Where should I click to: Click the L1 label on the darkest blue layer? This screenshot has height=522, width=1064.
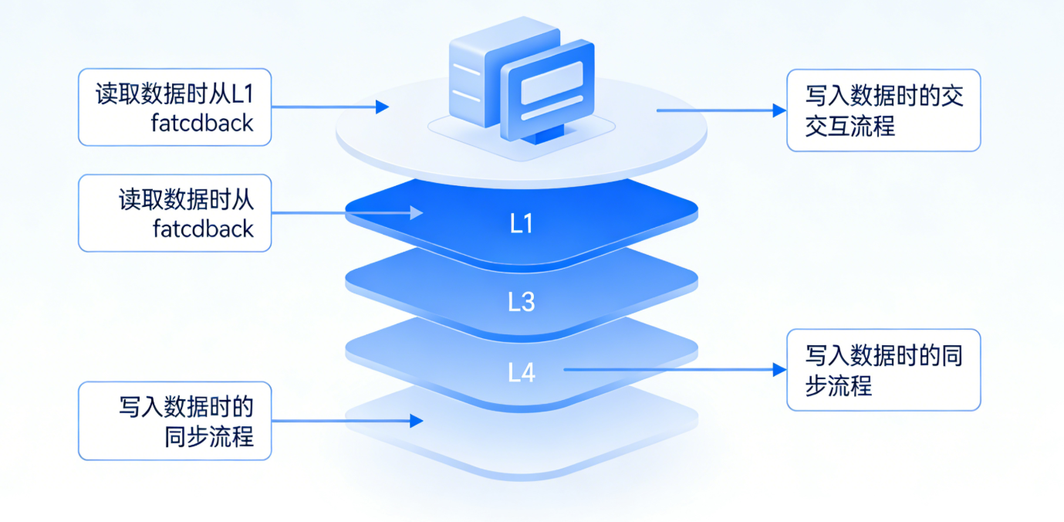tap(522, 224)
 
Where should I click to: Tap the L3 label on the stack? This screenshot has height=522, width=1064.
tap(522, 302)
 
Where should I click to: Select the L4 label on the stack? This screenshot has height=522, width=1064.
tap(522, 373)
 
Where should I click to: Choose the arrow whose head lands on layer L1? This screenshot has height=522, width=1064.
tap(347, 212)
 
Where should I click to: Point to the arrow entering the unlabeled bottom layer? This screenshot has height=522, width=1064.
tap(347, 421)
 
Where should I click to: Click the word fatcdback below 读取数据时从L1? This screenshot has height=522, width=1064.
tap(203, 123)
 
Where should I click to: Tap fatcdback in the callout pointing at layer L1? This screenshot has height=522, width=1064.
tap(203, 229)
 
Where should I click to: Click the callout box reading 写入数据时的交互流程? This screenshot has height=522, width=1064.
tap(883, 110)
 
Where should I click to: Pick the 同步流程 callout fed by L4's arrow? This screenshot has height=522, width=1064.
tap(883, 370)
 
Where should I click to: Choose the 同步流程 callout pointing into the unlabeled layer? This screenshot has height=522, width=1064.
tap(175, 421)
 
